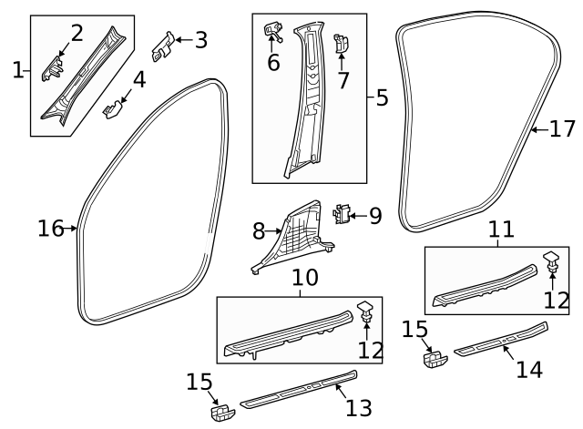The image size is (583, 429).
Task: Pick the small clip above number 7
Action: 341,43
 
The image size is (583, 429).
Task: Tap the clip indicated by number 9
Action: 343,214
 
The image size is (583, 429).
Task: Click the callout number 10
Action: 305,277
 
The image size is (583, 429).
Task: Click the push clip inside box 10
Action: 363,311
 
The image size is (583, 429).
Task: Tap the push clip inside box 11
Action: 553,264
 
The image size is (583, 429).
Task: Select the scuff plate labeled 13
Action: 299,389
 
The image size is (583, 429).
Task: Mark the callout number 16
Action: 50,228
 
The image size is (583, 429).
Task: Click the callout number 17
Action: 562,130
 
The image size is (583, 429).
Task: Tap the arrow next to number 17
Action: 539,130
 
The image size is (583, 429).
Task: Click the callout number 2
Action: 77,34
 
